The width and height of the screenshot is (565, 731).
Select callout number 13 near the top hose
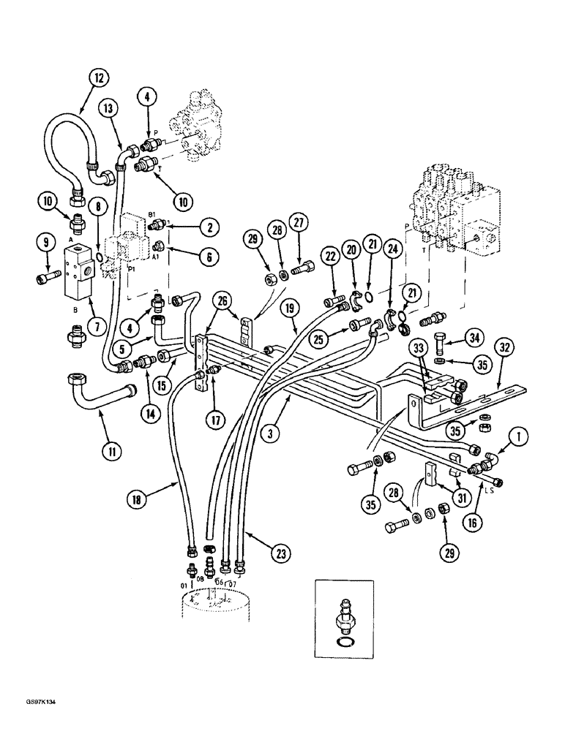pyautogui.click(x=108, y=108)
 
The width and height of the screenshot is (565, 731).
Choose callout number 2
pyautogui.click(x=209, y=227)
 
